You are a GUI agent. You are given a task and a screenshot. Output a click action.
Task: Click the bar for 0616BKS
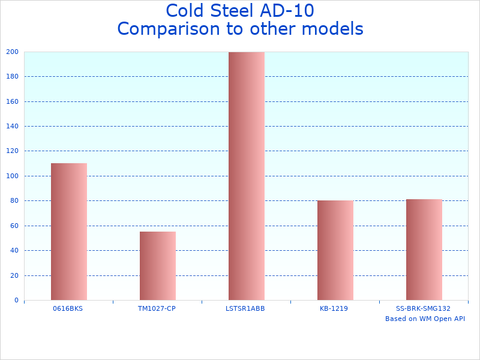coord(68,232)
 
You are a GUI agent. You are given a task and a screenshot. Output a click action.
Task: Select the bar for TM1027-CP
coord(157,266)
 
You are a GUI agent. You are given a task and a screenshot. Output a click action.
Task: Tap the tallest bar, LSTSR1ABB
coord(246,176)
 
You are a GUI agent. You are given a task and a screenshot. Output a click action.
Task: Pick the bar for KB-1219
coord(335,250)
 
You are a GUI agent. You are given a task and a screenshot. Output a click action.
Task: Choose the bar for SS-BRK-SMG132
coord(424,250)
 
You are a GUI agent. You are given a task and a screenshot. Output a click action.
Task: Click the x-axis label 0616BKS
coord(68,308)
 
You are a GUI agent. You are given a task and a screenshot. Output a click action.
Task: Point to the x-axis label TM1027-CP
coord(157,308)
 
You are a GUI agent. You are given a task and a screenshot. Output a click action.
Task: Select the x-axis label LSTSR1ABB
coord(245,308)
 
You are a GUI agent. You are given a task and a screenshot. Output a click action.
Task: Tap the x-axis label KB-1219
coord(334,308)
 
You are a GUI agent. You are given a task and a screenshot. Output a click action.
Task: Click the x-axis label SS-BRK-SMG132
coord(423,308)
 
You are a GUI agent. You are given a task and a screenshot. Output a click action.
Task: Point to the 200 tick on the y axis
coord(13,52)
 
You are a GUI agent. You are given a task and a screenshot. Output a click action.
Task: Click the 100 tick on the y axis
coord(13,176)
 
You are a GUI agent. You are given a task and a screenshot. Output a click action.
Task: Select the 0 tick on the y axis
coord(16,300)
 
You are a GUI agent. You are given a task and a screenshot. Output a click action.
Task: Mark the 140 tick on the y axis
coord(13,126)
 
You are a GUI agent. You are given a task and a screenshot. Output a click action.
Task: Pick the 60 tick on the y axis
coord(14,226)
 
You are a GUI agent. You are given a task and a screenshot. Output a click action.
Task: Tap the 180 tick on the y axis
coord(13,76)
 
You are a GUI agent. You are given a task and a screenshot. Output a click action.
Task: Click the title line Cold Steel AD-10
coord(240,11)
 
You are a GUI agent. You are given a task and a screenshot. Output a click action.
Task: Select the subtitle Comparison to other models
coord(240,29)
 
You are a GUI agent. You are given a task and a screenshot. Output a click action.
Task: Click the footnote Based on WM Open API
coord(425,319)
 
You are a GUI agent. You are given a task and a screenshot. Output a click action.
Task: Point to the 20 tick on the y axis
coord(14,275)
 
